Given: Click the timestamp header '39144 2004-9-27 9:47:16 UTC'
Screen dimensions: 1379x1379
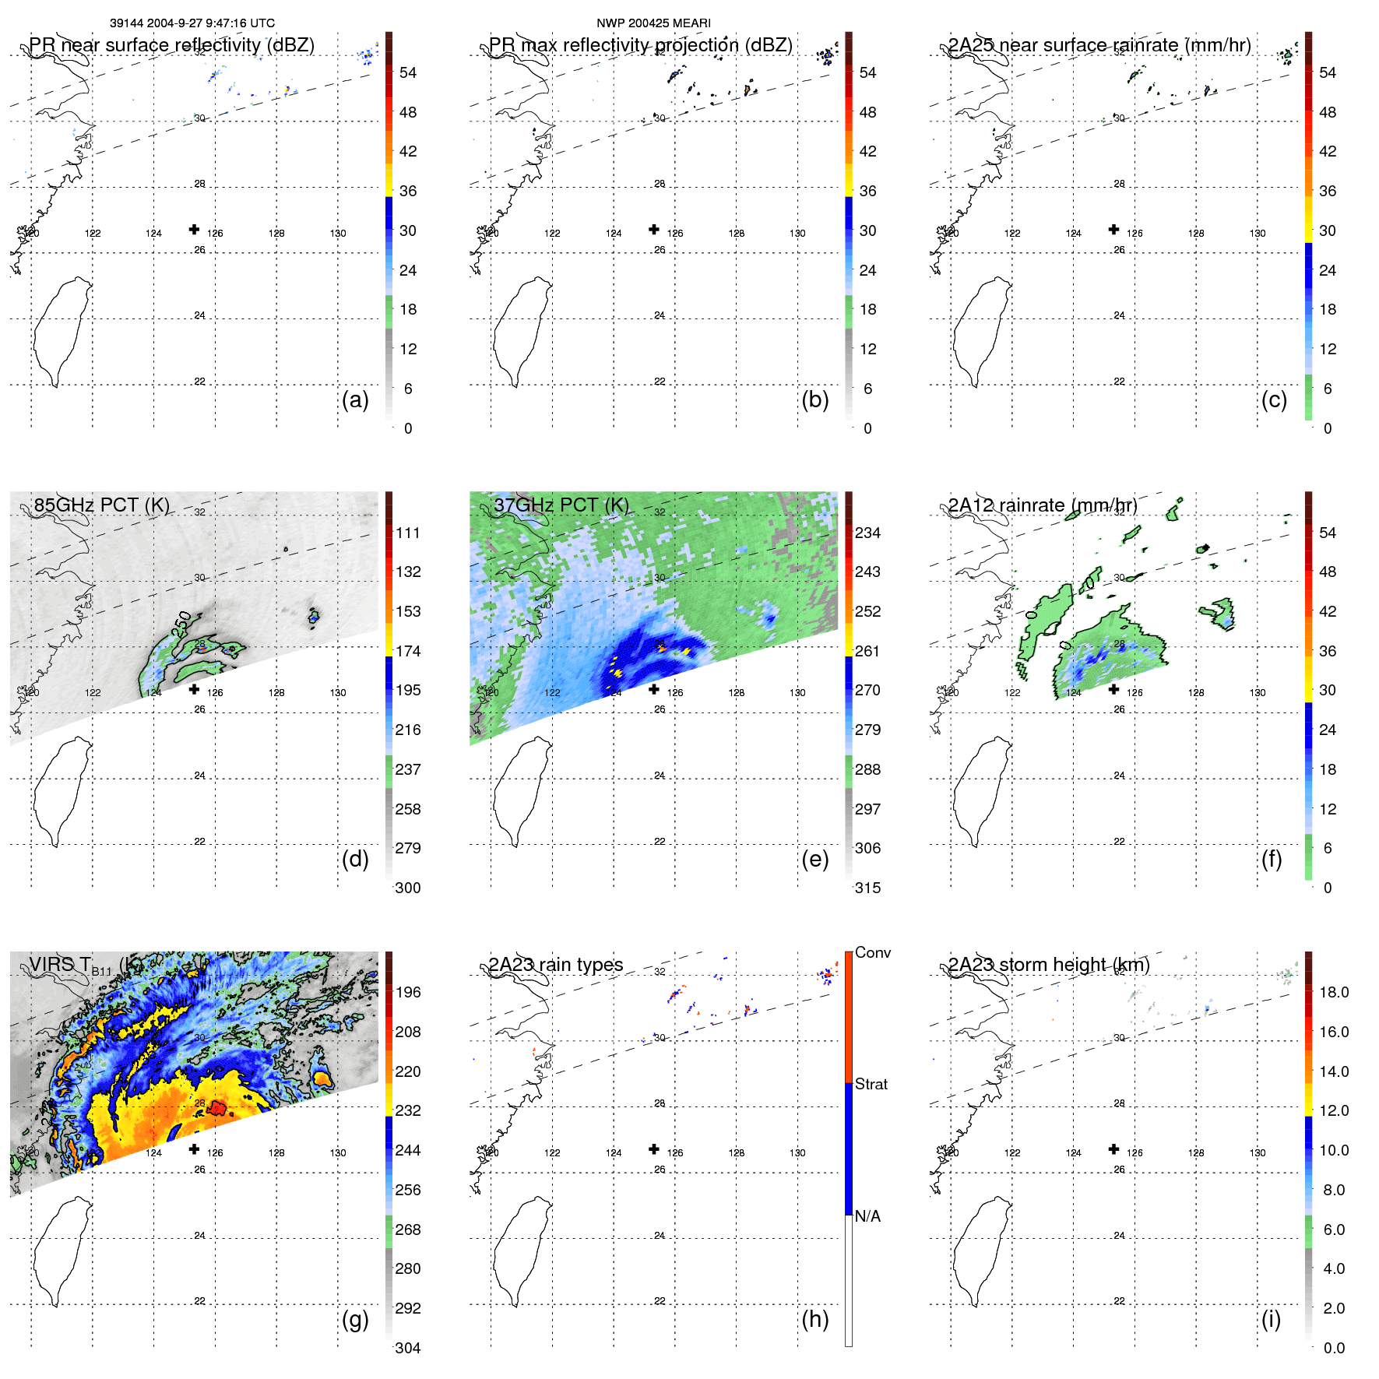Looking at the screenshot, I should (192, 23).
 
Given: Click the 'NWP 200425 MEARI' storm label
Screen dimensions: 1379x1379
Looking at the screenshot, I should (653, 23).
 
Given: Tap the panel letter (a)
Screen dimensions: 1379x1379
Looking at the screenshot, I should (355, 400).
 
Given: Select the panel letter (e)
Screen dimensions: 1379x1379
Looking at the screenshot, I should (814, 860).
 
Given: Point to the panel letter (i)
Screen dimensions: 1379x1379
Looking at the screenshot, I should (1271, 1319).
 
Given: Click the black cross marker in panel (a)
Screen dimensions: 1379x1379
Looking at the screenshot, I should (194, 229).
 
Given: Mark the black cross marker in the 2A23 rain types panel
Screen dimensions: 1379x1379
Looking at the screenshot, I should (654, 1149).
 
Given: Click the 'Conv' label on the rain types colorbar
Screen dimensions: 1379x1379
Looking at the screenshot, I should (872, 952).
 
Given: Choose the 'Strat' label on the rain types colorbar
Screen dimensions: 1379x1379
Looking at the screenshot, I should (871, 1084).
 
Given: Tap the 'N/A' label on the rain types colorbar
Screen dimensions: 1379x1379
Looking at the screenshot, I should (867, 1216).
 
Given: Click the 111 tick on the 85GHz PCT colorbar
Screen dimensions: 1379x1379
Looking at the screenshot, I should (407, 533).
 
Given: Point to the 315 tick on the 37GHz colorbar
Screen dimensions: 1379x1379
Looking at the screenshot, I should (867, 888).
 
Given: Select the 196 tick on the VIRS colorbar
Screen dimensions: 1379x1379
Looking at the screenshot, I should (407, 992).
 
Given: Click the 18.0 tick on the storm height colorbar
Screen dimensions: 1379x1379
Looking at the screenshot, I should (1333, 992).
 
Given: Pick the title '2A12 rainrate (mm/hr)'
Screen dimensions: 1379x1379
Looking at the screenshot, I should (1042, 505).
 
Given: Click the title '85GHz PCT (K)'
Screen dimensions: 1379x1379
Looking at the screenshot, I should (101, 505).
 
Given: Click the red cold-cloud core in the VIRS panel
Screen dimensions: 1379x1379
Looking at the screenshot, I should (216, 1107).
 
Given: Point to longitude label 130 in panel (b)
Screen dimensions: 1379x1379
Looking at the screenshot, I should (797, 233).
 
